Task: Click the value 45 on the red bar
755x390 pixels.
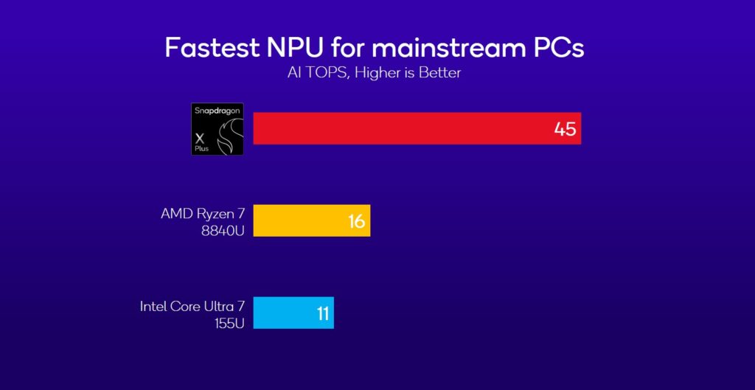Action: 565,129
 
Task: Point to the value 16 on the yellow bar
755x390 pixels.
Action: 356,221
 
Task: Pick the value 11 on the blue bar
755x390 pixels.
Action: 322,313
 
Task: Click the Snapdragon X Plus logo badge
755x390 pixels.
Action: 217,129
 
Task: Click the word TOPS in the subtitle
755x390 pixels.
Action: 324,73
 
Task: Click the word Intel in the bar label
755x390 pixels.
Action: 154,306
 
